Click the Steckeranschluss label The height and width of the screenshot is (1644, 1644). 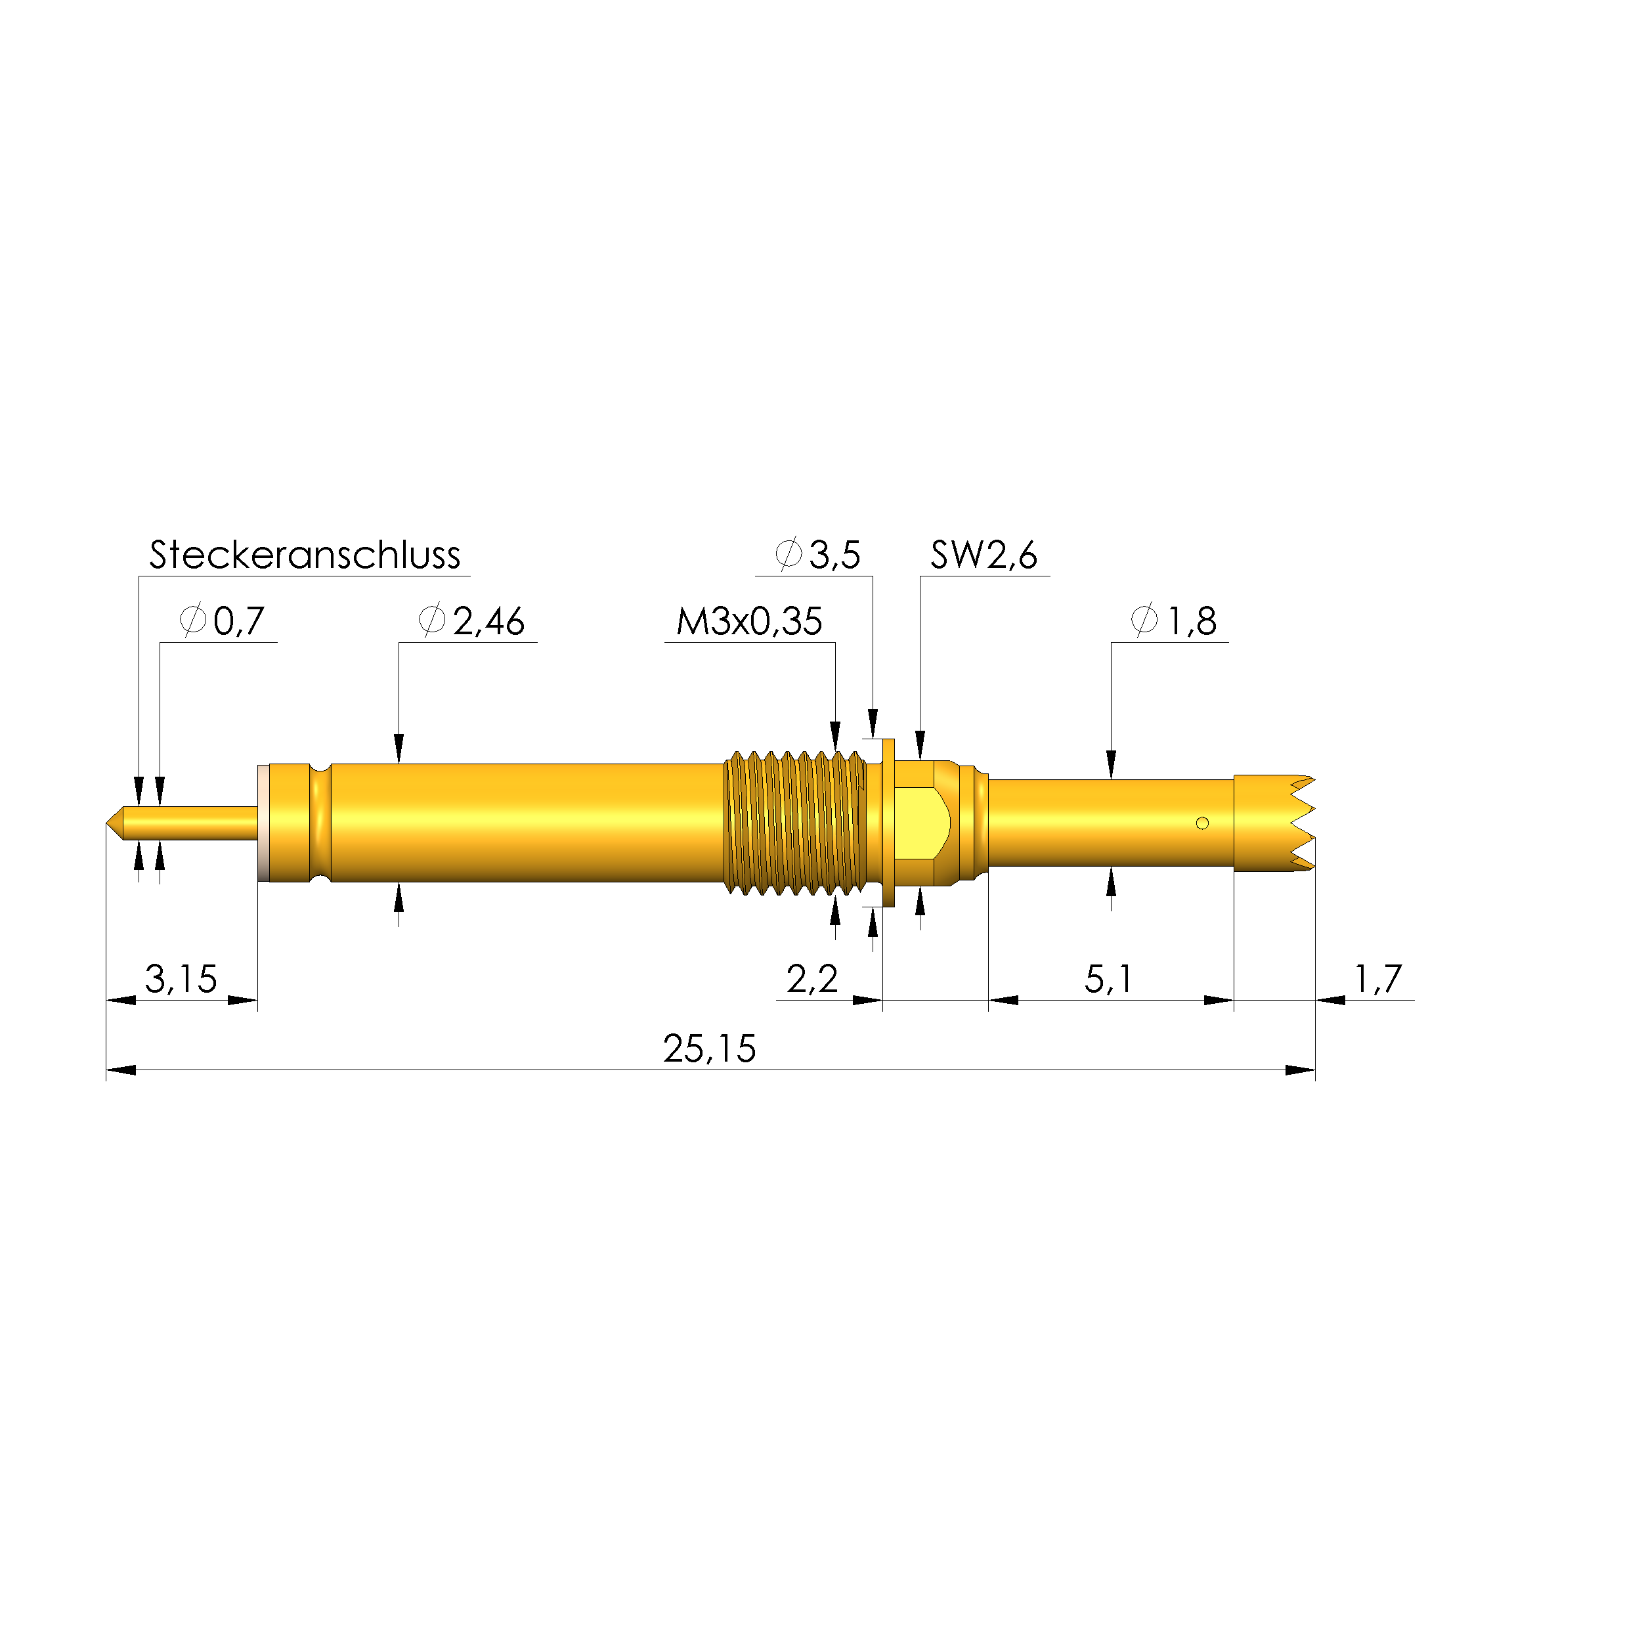coord(305,555)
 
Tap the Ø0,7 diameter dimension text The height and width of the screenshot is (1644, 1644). coord(223,621)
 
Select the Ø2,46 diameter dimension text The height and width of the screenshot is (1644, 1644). coord(472,621)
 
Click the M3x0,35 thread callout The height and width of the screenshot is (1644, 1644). coord(749,621)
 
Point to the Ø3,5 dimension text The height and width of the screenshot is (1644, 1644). coord(818,555)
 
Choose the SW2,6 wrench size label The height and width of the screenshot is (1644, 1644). coord(984,555)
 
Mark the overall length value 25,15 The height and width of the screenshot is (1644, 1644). coord(709,1049)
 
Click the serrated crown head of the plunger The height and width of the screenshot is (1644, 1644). coord(1272,823)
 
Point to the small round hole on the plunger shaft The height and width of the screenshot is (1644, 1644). coord(1202,823)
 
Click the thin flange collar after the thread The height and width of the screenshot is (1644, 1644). coord(889,823)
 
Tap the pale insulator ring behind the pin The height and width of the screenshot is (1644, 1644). coord(263,823)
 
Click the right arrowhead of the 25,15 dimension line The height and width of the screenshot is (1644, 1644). coord(1300,1070)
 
